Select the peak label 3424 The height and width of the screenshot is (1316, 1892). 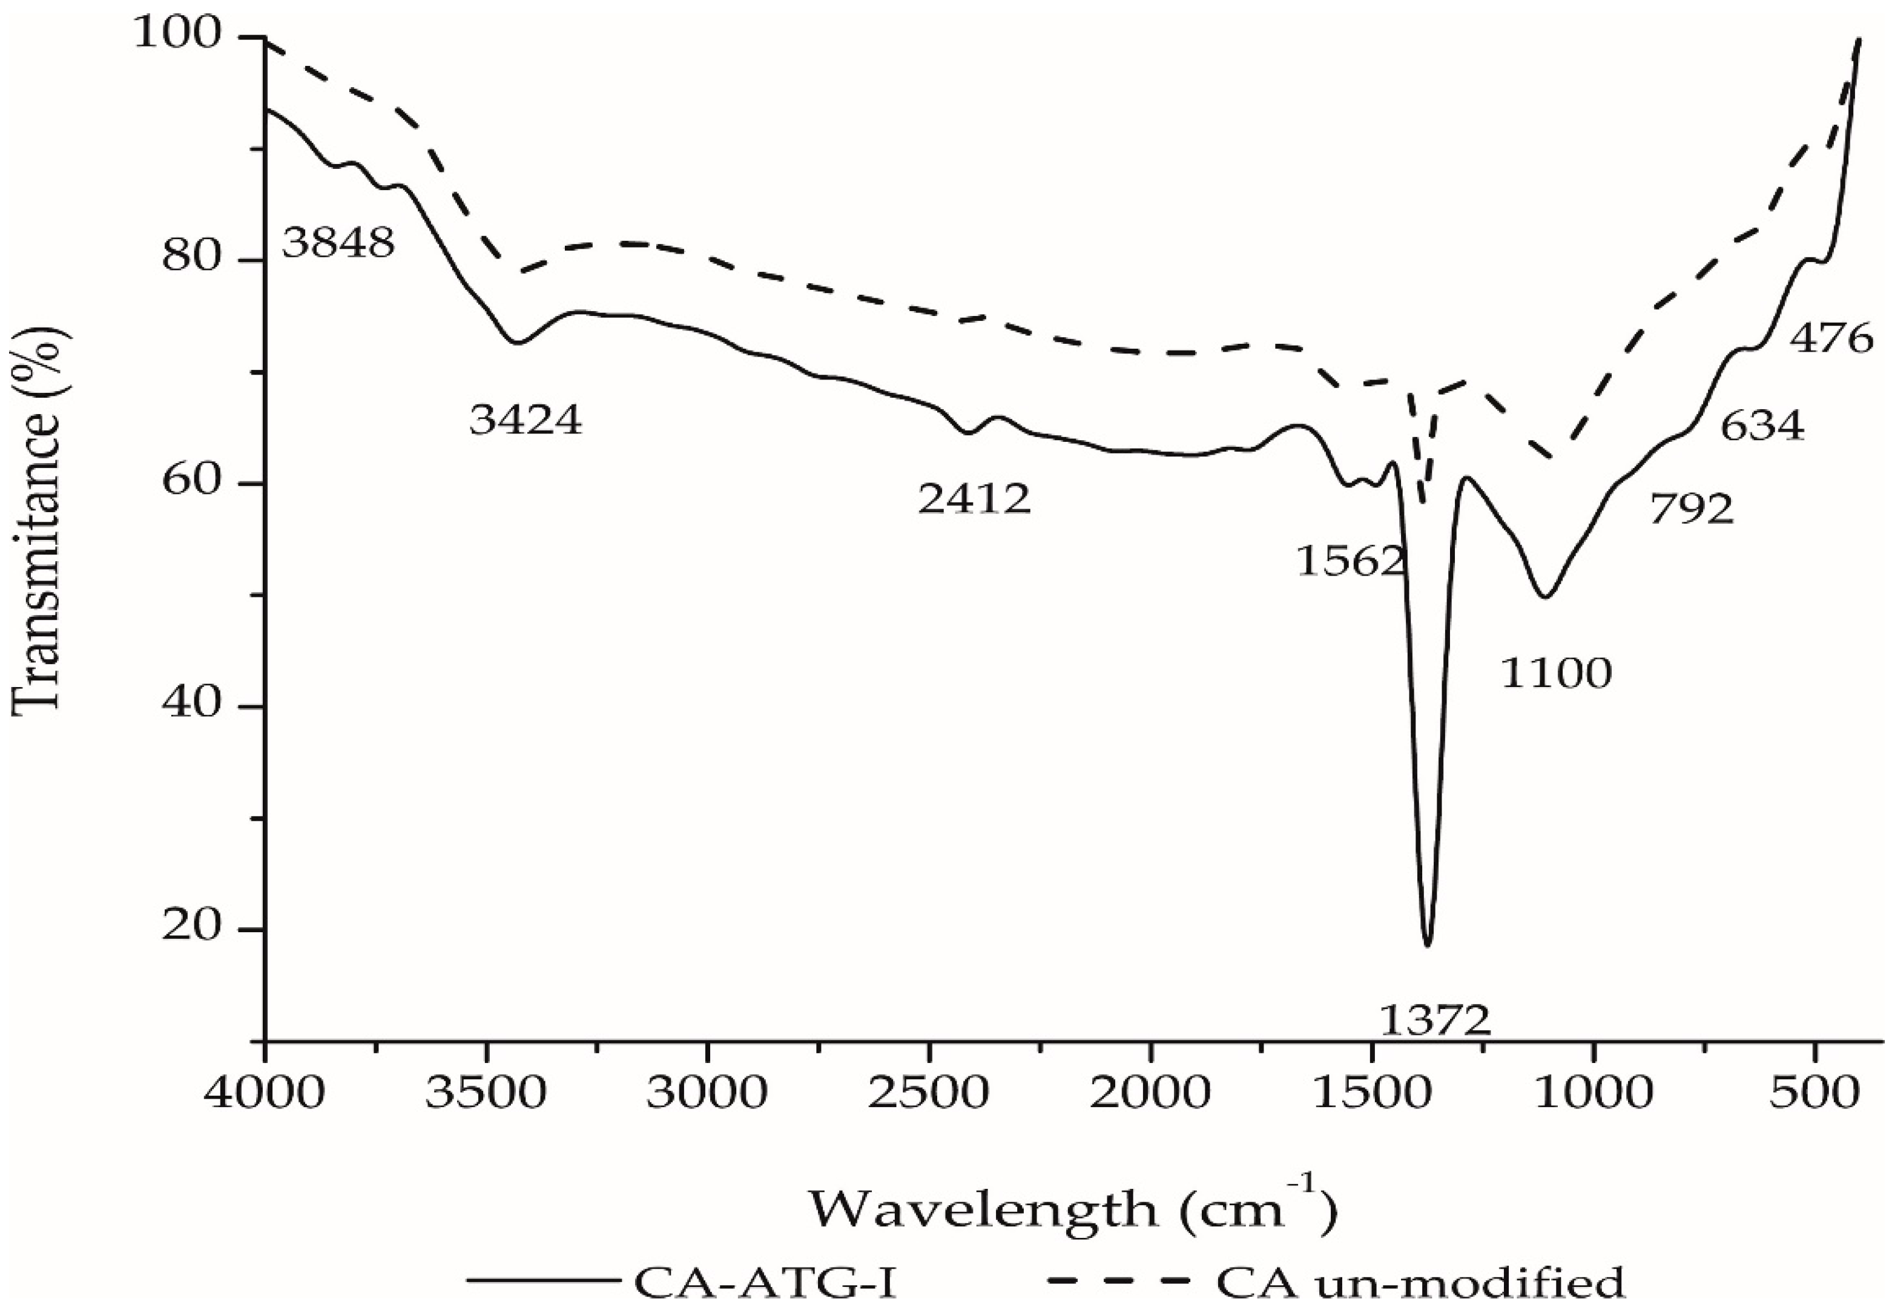point(526,420)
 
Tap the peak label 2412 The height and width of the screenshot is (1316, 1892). point(974,499)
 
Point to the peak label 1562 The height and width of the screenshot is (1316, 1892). point(1350,562)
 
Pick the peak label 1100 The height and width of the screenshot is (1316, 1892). point(1555,674)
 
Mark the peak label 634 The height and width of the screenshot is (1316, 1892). point(1762,427)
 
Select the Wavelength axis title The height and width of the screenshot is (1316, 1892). point(1071,1209)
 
